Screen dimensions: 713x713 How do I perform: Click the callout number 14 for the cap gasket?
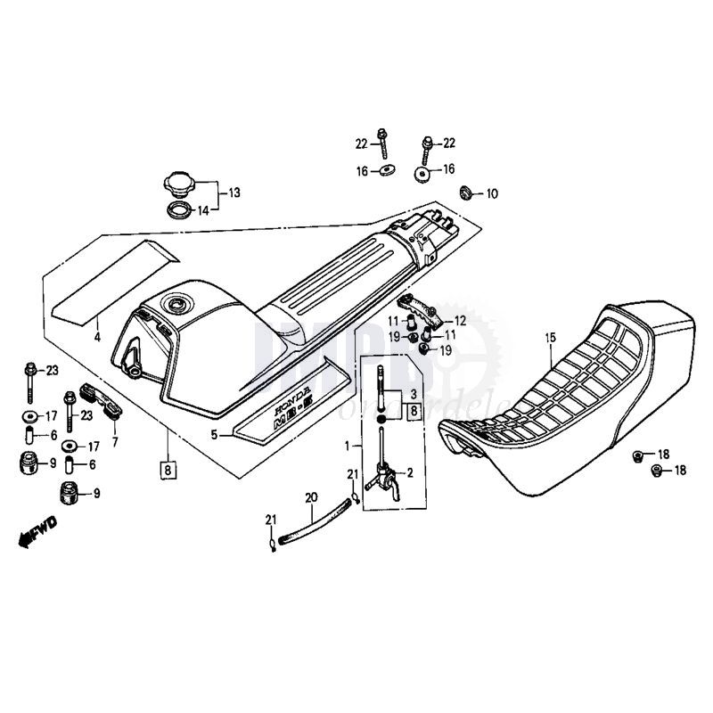[203, 210]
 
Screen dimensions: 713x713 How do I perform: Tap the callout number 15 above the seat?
[551, 337]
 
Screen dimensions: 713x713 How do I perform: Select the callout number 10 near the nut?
[492, 193]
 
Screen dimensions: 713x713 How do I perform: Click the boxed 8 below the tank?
[166, 468]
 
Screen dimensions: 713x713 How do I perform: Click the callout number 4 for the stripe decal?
[98, 338]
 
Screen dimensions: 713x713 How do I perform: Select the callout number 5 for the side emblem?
[214, 435]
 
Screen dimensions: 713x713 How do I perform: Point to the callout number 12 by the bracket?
[460, 320]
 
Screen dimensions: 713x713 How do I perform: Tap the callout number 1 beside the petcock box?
[347, 444]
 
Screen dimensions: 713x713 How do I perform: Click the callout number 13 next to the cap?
[234, 193]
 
